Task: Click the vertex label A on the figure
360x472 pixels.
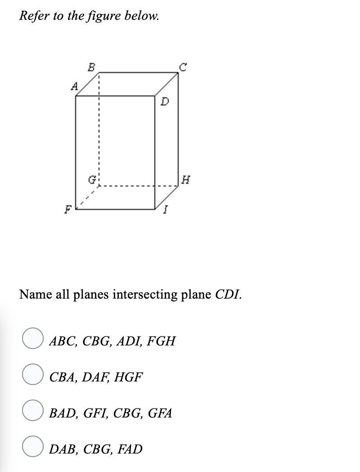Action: [75, 86]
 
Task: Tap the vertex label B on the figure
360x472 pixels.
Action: [91, 68]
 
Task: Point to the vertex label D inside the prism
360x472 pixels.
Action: [165, 102]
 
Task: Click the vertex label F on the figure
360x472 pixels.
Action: [68, 209]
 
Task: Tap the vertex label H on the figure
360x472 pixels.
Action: [185, 181]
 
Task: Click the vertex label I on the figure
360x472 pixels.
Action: [166, 210]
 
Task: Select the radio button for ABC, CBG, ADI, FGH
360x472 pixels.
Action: [33, 338]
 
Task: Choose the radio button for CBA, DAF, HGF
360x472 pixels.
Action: [33, 374]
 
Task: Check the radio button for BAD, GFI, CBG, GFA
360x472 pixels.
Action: [33, 410]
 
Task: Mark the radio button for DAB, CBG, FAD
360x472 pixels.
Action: [33, 446]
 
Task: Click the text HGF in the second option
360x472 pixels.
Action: [128, 377]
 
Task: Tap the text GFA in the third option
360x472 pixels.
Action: [160, 413]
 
